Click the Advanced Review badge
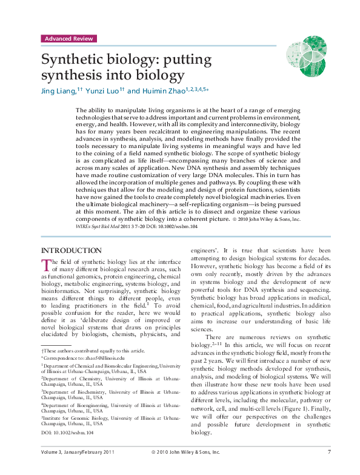(x=68, y=38)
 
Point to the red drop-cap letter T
(x=45, y=263)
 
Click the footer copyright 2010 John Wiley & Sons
(x=185, y=451)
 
